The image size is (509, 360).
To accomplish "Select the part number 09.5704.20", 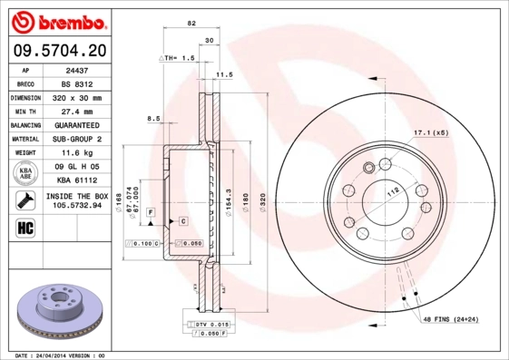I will pos(57,51).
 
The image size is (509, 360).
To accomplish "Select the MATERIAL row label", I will pos(24,139).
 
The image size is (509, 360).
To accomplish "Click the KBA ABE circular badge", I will pos(24,173).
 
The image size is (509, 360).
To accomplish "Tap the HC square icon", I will pos(24,227).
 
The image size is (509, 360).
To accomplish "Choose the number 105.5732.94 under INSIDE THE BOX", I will pos(76,205).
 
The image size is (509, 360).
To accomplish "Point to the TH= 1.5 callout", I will pos(178,57).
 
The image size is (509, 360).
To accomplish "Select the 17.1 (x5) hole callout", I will pos(429,132).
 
